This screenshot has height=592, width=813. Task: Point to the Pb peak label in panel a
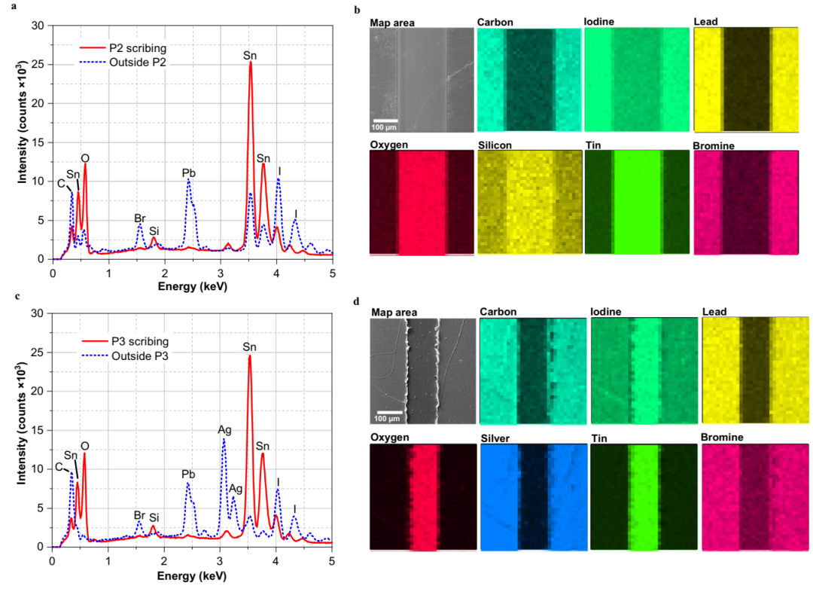pyautogui.click(x=188, y=172)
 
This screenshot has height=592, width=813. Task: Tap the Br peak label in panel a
pyautogui.click(x=139, y=218)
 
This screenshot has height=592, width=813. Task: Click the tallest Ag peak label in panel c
pyautogui.click(x=224, y=429)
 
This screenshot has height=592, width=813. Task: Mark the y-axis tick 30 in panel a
pyautogui.click(x=38, y=25)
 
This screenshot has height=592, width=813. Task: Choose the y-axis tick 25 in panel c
pyautogui.click(x=38, y=352)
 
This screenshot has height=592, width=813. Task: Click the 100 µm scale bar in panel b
pyautogui.click(x=384, y=121)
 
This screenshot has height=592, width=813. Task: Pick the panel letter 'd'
pyautogui.click(x=356, y=302)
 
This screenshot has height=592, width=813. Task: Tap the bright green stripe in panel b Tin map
pyautogui.click(x=637, y=201)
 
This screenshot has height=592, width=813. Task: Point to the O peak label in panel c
pyautogui.click(x=84, y=446)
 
